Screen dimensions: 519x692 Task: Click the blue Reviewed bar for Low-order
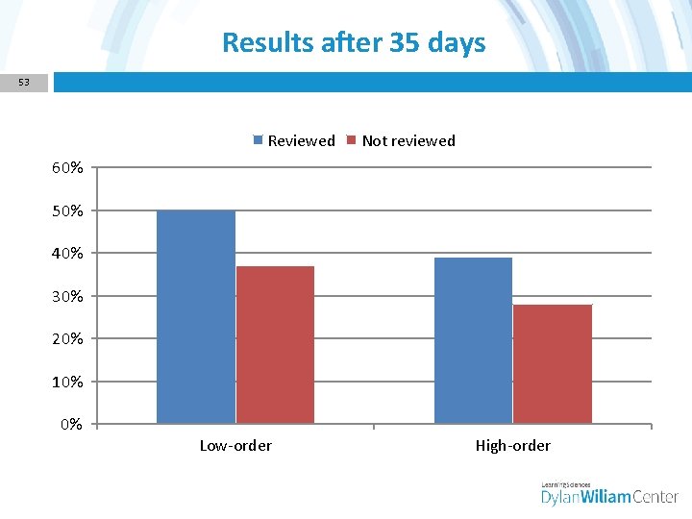point(196,317)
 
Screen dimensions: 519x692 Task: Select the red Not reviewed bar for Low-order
point(275,344)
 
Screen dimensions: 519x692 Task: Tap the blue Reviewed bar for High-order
point(473,340)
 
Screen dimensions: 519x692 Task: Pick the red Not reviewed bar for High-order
point(553,363)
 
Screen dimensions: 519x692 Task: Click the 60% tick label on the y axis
point(67,168)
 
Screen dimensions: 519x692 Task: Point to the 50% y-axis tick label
point(67,210)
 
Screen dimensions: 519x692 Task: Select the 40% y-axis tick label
point(67,254)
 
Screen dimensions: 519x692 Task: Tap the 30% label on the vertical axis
point(67,296)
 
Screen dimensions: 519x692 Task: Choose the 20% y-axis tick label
point(67,339)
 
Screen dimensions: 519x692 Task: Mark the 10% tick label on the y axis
point(67,382)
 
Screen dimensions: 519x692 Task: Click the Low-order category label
point(235,445)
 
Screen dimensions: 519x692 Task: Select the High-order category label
point(513,445)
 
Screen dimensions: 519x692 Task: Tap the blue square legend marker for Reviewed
point(258,140)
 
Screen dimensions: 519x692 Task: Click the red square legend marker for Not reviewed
point(352,140)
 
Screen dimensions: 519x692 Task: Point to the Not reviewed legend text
point(408,140)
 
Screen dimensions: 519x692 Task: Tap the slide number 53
point(24,83)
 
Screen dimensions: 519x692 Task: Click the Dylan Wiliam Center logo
point(609,493)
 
